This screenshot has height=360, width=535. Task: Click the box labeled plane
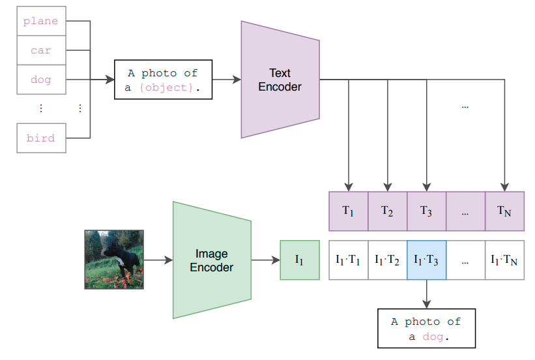(41, 21)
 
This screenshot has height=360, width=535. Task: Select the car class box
(41, 50)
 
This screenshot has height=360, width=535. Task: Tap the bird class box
(41, 138)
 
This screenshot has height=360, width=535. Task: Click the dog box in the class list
(41, 80)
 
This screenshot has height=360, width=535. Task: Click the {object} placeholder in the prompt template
(166, 88)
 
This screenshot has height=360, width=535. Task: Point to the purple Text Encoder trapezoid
(280, 80)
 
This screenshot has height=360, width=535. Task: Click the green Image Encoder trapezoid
(212, 260)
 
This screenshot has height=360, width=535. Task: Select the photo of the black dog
(114, 260)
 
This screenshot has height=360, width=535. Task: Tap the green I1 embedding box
(300, 260)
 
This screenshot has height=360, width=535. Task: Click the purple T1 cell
(349, 211)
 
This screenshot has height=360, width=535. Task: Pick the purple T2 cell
(388, 211)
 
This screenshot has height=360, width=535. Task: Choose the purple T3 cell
(426, 211)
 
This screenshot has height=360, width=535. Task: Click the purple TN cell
(504, 211)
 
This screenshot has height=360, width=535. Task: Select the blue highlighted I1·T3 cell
(426, 260)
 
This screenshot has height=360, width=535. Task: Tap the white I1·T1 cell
(349, 260)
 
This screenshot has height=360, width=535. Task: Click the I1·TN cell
(504, 260)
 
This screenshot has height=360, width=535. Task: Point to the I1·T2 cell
(388, 260)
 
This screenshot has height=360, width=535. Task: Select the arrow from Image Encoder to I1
(266, 260)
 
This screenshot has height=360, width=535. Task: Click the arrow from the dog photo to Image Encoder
(158, 260)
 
